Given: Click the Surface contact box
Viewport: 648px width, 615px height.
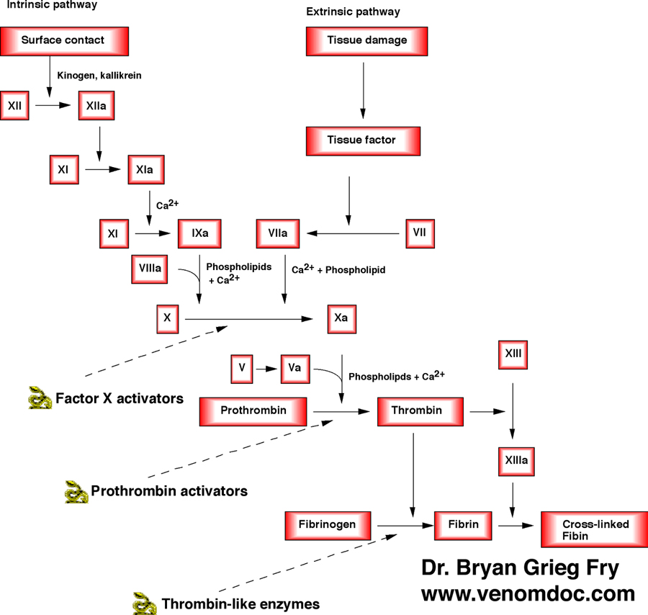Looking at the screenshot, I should click(x=64, y=40).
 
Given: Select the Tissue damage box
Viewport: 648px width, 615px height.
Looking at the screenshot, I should click(x=367, y=40).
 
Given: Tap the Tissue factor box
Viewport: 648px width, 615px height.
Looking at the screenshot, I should click(x=361, y=140).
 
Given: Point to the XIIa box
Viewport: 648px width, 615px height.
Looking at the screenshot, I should click(x=96, y=106).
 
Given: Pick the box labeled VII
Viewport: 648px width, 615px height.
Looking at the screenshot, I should click(x=418, y=233).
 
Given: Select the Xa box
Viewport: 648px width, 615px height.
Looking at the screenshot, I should click(x=341, y=317).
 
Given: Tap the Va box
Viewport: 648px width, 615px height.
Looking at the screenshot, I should click(x=294, y=368).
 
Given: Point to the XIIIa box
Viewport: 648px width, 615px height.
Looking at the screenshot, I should click(x=513, y=459).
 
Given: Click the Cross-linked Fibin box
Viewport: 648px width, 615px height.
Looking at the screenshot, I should click(x=585, y=530).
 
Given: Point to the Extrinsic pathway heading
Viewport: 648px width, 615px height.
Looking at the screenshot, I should click(x=354, y=12).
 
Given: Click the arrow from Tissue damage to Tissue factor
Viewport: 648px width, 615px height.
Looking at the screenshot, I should click(x=362, y=87).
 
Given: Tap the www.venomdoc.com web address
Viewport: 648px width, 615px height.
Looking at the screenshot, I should click(x=528, y=593).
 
